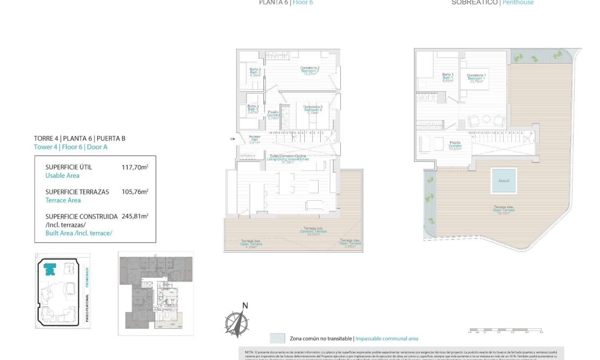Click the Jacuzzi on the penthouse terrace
click(503, 180)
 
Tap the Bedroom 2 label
click(310, 71)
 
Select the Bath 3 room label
click(253, 109)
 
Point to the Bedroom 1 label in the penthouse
click(476, 78)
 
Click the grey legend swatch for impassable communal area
click(277, 338)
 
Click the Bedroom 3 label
click(313, 109)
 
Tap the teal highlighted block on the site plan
click(49, 270)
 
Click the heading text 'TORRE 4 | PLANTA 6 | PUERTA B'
click(80, 139)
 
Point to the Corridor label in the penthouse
click(455, 145)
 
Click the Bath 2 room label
click(255, 72)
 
